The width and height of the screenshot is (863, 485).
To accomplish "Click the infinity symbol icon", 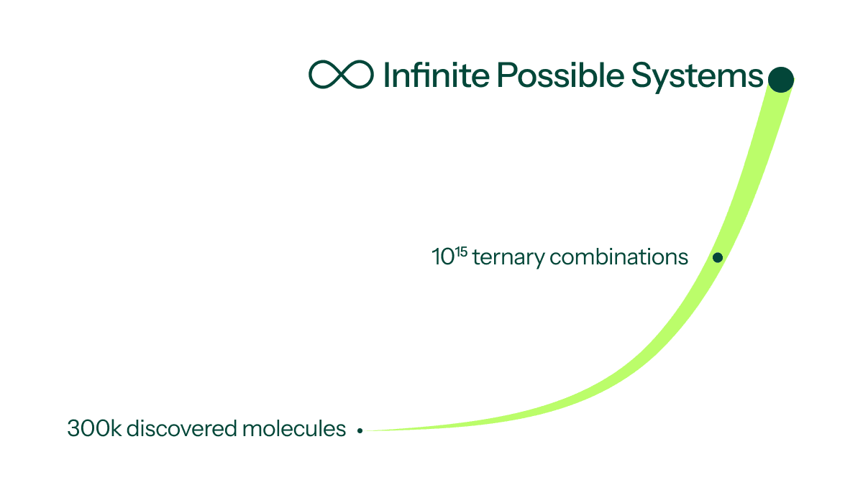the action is tap(341, 74).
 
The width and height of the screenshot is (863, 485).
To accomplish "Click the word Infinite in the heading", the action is tap(437, 74).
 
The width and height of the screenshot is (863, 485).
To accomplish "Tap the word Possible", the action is tap(560, 74).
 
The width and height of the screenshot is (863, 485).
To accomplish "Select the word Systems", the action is tap(697, 77).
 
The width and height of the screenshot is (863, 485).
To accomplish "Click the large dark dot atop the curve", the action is tap(780, 80).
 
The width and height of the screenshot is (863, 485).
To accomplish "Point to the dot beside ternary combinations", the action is tap(718, 257).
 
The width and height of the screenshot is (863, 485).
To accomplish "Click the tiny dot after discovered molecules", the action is tap(360, 430).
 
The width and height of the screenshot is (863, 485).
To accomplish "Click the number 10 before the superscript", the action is tap(443, 257).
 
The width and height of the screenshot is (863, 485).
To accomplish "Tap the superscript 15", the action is tap(461, 252).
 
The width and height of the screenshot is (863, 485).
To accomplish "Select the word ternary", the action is tap(509, 257).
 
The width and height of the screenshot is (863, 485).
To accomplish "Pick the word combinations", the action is tap(618, 257).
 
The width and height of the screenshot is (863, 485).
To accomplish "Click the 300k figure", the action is tap(94, 428).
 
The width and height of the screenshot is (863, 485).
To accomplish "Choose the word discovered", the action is tap(182, 428).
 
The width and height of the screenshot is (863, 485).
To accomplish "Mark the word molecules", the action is tap(294, 428).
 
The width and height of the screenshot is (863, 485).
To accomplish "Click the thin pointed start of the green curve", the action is tap(367, 430).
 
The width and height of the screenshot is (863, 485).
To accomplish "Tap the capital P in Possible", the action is tap(506, 74).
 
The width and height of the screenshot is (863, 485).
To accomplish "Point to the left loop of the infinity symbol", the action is tap(324, 74).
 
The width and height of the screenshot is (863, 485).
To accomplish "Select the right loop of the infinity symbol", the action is tap(357, 74).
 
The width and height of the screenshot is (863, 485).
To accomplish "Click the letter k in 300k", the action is tap(117, 428).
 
